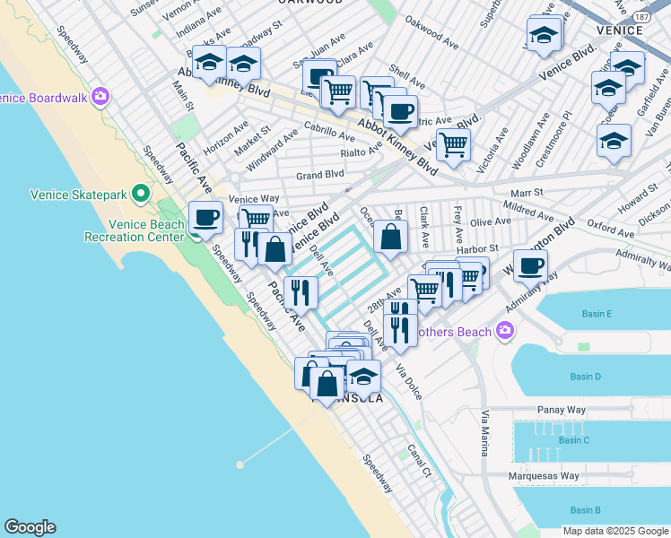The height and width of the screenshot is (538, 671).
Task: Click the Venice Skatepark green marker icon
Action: (x=140, y=194)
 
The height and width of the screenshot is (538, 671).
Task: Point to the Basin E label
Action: (x=597, y=314)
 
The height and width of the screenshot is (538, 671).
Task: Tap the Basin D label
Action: (x=586, y=376)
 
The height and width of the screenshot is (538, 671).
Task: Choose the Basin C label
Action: (x=574, y=440)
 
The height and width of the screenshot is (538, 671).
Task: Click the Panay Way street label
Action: (x=561, y=409)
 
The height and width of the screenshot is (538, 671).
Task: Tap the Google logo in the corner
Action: (x=30, y=527)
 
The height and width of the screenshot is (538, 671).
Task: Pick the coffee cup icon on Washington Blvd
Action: (x=530, y=265)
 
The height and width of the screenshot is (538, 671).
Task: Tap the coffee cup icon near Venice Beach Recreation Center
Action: (x=206, y=216)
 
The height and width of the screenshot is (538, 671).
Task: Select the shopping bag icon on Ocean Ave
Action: (x=390, y=237)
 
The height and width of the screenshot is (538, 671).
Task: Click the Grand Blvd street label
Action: (x=320, y=174)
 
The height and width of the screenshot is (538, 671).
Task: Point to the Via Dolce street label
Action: (x=409, y=379)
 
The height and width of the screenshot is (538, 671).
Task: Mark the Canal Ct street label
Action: (x=420, y=460)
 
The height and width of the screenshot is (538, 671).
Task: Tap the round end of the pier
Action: (x=240, y=464)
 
